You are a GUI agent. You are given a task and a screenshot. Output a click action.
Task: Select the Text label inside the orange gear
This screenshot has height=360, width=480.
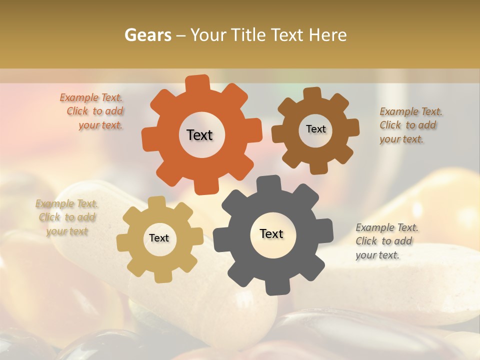coord(199,135)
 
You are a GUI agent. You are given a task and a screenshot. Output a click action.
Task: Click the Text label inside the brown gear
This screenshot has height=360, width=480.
coord(315,129)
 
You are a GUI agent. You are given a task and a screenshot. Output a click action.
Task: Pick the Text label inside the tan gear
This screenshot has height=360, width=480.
coord(159,238)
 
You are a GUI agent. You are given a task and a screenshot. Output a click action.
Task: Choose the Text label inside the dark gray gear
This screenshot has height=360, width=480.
coord(271,233)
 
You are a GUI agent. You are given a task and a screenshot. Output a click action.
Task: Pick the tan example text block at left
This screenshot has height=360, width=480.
coord(66,217)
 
